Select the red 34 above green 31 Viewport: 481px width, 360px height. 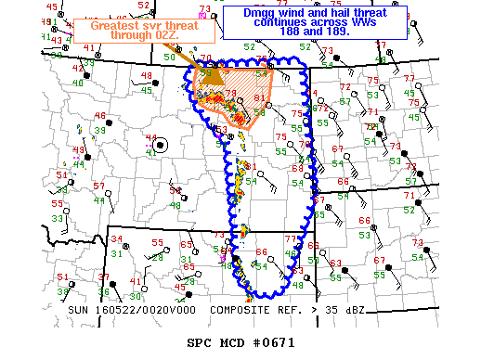point(116,239)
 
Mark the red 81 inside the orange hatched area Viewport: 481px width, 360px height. point(261,97)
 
